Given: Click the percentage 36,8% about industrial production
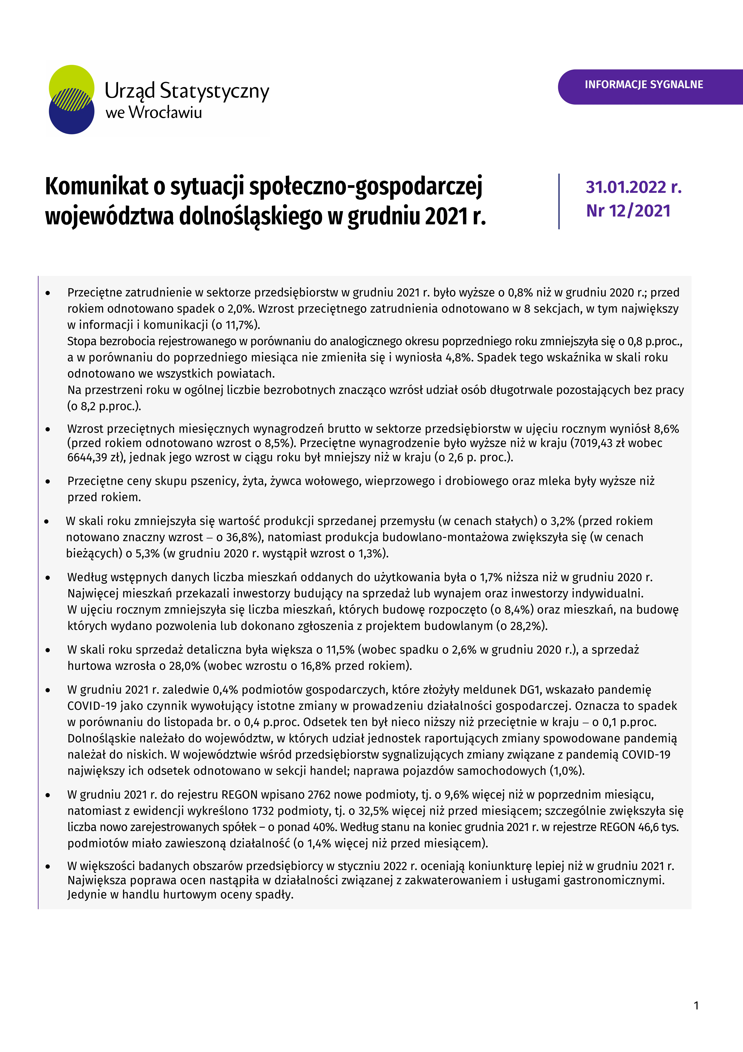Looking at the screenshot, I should pos(241,537).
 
